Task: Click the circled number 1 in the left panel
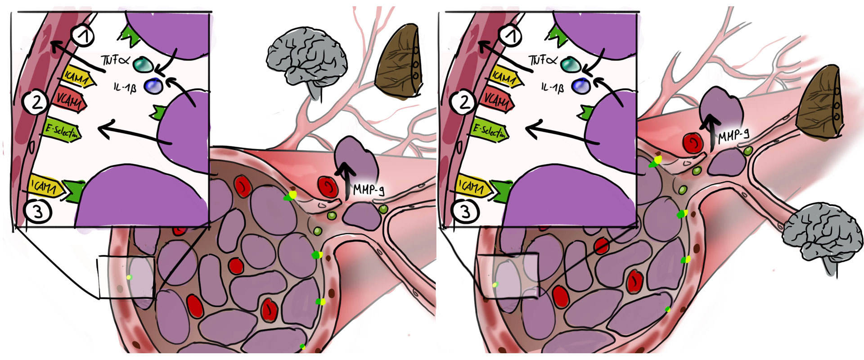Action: [83, 36]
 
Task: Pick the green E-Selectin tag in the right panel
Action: [490, 131]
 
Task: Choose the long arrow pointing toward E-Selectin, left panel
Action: [135, 135]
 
